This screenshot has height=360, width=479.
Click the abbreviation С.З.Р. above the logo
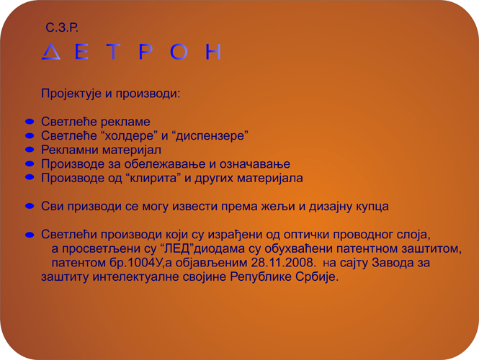(62, 27)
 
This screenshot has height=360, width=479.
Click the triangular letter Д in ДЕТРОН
(50, 51)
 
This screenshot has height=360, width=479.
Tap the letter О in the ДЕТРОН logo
(179, 51)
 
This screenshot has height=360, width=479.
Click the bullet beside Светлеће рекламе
(30, 122)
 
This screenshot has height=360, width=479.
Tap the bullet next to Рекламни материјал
(30, 150)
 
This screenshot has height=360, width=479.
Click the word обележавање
(164, 164)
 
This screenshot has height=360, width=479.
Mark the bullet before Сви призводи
(30, 206)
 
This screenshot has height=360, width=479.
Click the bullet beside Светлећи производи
(30, 235)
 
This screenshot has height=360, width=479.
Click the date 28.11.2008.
(282, 263)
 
